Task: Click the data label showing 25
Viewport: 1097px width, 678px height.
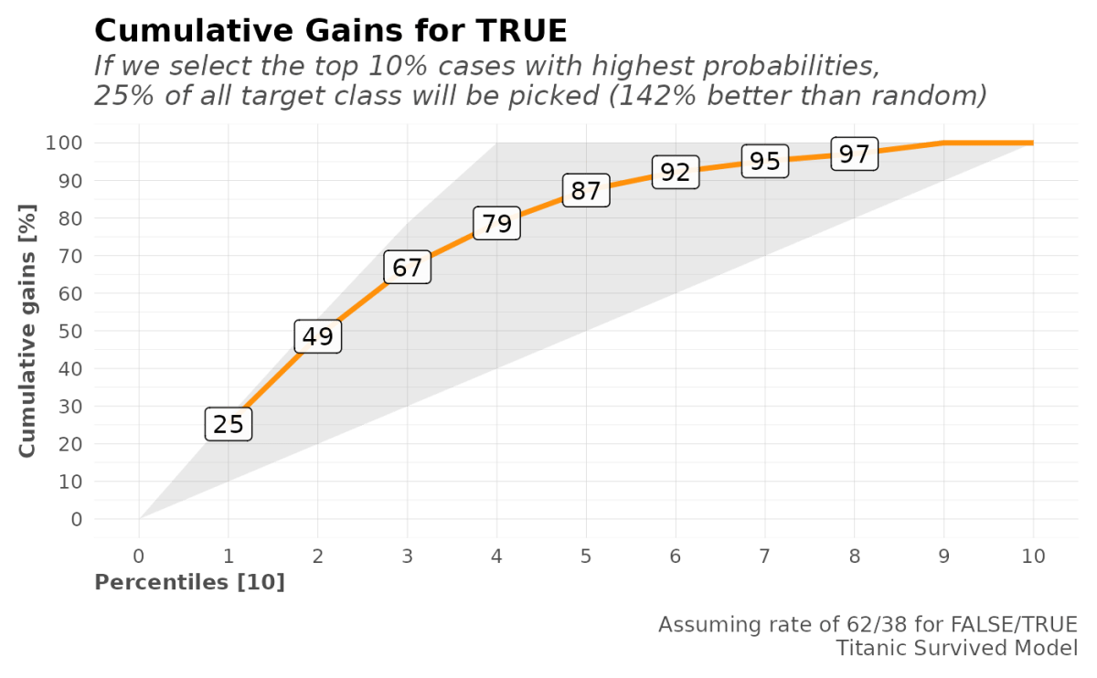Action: tap(228, 424)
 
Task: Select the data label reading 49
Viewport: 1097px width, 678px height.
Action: tap(317, 336)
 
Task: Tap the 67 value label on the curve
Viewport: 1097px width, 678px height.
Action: tap(407, 268)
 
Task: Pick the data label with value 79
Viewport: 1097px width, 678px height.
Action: tap(496, 223)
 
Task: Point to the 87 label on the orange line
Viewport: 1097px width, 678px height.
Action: tap(585, 191)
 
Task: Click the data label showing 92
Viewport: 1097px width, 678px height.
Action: tap(675, 172)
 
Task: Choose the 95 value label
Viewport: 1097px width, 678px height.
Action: tap(764, 161)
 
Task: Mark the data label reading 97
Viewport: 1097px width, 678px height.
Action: tap(854, 154)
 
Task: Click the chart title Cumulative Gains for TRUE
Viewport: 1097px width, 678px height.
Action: tap(331, 31)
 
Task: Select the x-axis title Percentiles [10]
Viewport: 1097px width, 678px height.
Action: tap(190, 582)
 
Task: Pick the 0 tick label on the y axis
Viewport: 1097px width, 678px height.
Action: tap(77, 519)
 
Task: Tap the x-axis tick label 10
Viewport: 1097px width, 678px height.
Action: tap(1033, 556)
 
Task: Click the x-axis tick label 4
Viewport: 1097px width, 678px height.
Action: tap(496, 556)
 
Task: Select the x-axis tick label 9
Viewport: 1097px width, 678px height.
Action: tap(943, 556)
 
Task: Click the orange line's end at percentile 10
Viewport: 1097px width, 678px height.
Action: tap(1032, 143)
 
